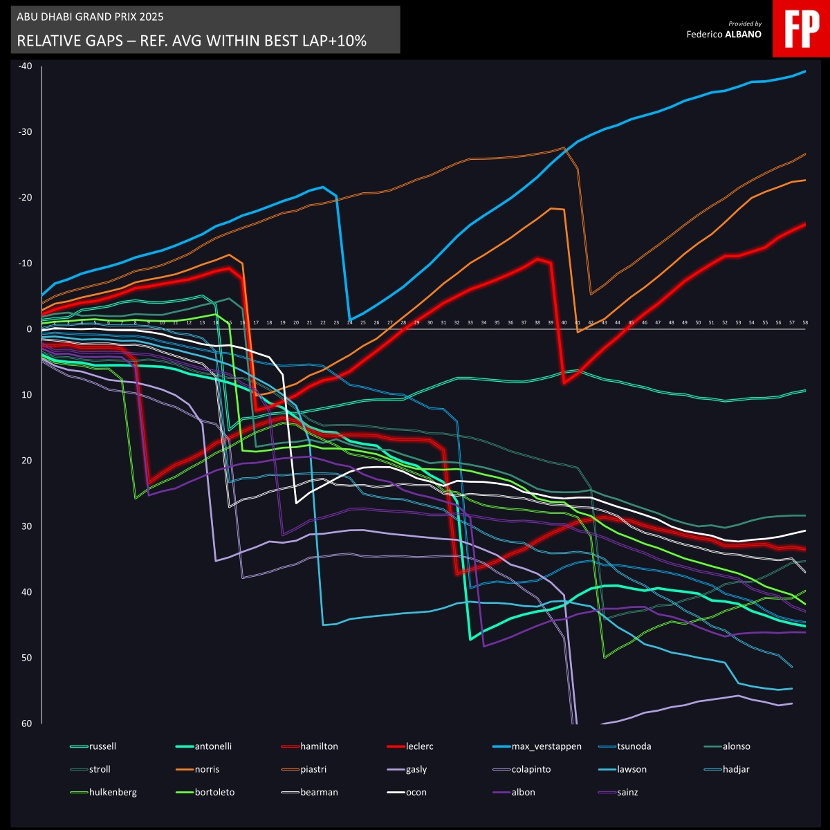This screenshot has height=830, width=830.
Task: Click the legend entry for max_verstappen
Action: tap(546, 746)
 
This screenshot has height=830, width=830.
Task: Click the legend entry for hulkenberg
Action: tap(113, 792)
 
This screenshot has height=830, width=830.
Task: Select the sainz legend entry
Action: tap(628, 792)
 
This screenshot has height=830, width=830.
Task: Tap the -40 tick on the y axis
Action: tap(26, 66)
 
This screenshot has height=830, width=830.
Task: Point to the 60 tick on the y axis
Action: tap(26, 723)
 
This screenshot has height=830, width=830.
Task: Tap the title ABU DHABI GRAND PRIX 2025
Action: tap(90, 17)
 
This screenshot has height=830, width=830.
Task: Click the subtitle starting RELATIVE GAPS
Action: tap(192, 41)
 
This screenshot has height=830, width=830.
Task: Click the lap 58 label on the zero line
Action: tap(805, 322)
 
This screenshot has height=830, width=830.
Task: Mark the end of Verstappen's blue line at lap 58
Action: tap(806, 71)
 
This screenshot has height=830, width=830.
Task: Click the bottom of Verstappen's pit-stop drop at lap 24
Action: tap(350, 320)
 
